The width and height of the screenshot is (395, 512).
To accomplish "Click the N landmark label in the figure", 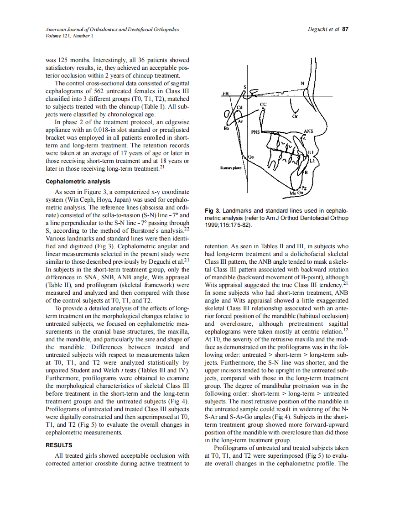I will [x=302, y=83].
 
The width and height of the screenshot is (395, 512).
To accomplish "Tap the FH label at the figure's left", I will [x=225, y=94].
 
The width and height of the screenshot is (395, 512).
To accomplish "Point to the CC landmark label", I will [x=263, y=105].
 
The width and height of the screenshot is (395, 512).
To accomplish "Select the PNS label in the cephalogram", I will [x=255, y=133].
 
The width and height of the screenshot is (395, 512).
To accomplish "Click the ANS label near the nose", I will [x=309, y=131].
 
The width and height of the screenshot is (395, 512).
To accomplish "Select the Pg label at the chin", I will [x=305, y=188].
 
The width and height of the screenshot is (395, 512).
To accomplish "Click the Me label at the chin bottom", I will [x=293, y=193].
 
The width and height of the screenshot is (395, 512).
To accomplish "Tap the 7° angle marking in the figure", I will [x=282, y=92].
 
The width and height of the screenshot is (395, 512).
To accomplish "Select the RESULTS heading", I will [x=59, y=445].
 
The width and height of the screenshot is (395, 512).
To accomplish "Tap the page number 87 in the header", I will [x=345, y=29].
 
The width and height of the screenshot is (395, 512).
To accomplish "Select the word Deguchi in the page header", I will [x=318, y=29].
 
